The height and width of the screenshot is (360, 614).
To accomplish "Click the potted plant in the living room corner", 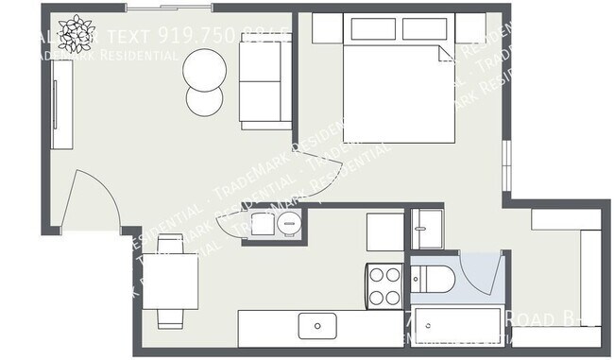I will click(x=75, y=30).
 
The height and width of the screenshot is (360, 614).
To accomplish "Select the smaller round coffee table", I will click(x=204, y=98).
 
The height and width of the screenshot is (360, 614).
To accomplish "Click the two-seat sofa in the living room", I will click(x=264, y=84).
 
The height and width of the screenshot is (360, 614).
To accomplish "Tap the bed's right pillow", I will click(x=422, y=27).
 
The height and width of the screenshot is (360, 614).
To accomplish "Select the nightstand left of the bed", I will click(x=327, y=28).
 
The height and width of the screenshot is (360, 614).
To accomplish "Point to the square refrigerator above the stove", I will click(x=384, y=231).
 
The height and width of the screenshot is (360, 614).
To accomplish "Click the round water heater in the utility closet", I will click(x=287, y=224).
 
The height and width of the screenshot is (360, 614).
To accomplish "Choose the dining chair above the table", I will click(x=170, y=245).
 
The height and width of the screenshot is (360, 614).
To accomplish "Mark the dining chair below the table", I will click(x=170, y=317).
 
